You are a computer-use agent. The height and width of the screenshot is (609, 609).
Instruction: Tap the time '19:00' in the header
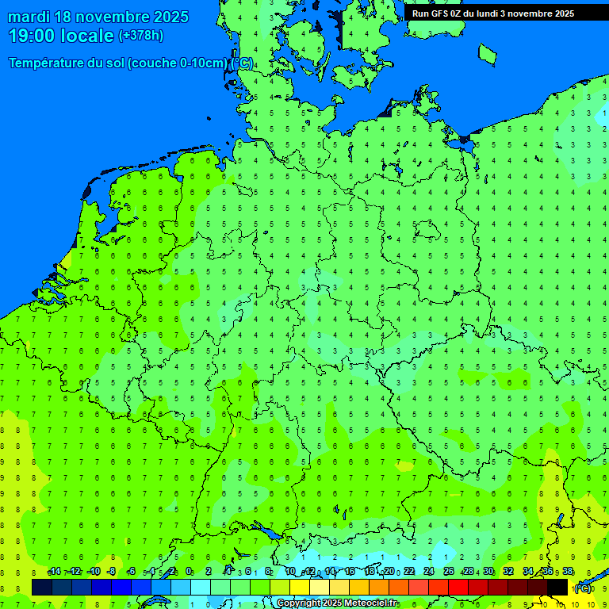click(31, 35)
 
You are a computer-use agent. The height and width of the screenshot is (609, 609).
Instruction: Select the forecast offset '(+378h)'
click(140, 36)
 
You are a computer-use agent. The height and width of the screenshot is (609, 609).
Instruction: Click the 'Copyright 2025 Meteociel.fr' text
click(336, 603)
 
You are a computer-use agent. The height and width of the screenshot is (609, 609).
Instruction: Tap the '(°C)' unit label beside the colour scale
click(582, 588)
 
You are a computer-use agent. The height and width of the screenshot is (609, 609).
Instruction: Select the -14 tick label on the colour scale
click(54, 572)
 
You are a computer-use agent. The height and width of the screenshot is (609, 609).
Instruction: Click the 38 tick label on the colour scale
click(568, 572)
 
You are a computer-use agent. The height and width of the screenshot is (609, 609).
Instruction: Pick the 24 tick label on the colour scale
click(429, 572)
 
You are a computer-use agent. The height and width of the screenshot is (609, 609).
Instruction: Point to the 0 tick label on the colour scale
click(189, 572)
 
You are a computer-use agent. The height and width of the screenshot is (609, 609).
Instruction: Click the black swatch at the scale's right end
click(557, 587)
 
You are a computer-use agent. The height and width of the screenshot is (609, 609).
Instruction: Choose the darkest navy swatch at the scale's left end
click(42, 587)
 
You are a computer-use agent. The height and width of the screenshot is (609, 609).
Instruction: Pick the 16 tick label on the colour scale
click(350, 572)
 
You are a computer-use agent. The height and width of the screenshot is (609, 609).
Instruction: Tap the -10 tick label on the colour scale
click(93, 572)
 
